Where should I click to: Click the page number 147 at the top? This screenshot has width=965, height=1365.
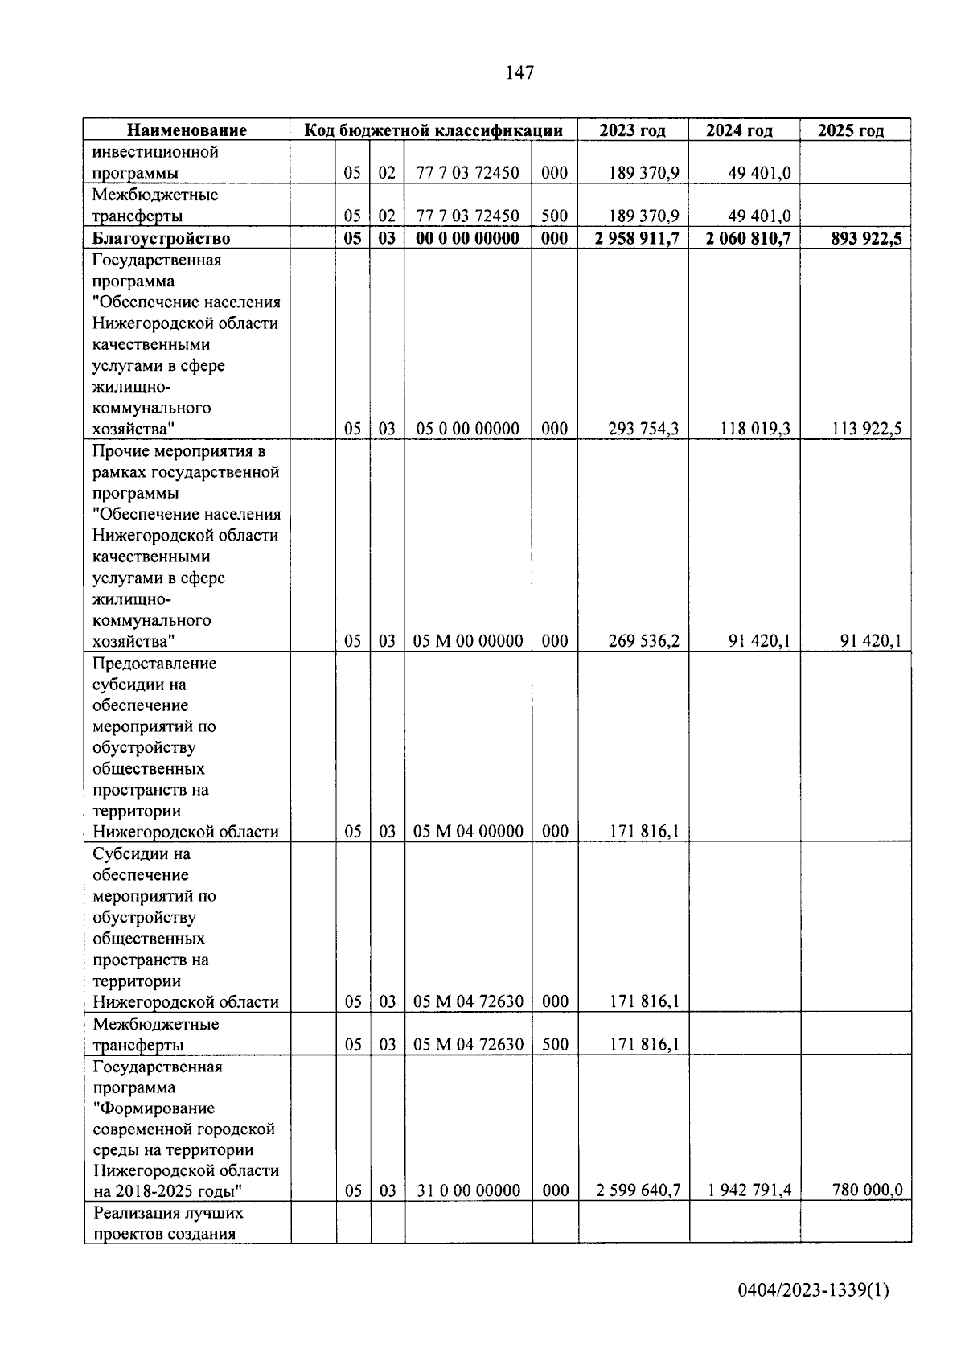tap(519, 73)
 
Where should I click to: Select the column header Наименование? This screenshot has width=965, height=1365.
tap(187, 130)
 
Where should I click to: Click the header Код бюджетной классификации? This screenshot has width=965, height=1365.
tap(433, 130)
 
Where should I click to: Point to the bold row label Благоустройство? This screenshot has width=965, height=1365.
tap(161, 238)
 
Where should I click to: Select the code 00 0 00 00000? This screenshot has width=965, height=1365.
tap(467, 238)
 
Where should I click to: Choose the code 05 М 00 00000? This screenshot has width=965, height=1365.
tap(467, 641)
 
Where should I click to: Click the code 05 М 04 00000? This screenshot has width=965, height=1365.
tap(467, 831)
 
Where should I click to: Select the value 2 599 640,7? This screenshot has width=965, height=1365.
tap(638, 1190)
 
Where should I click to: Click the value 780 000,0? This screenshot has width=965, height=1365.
tap(867, 1190)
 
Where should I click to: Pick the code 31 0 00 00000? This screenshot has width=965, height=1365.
tap(468, 1190)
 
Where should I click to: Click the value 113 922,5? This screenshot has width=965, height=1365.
tap(866, 429)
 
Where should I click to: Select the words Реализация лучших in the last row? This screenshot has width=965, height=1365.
tap(168, 1213)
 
